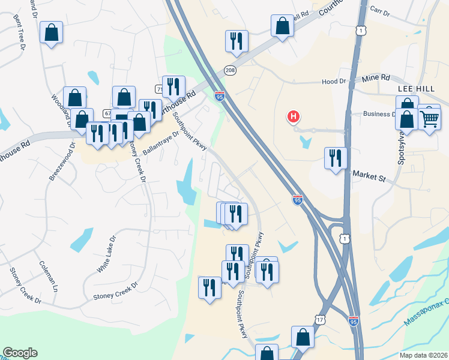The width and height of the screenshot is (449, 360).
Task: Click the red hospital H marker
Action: (294, 117)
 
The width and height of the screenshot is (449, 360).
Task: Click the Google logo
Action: (20, 353)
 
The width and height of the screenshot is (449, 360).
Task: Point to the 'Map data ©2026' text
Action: (423, 355)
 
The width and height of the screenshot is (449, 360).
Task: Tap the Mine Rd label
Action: (376, 78)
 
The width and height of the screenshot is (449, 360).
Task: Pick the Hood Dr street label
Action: (334, 81)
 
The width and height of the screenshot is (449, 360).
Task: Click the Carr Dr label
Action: (381, 10)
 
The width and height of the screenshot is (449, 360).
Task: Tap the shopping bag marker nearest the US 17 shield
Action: (303, 337)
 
